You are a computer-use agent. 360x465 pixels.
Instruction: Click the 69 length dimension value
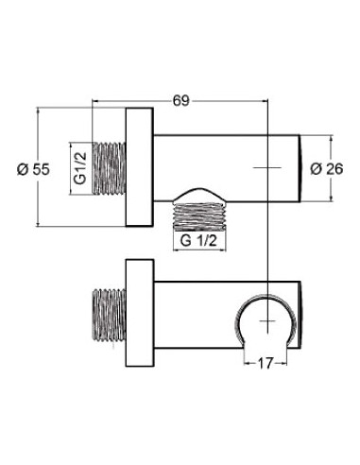click(x=181, y=101)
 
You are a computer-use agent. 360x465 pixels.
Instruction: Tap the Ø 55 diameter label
click(x=33, y=169)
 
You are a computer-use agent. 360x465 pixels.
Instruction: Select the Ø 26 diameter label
click(x=327, y=169)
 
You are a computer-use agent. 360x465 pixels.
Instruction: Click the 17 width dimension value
click(x=266, y=364)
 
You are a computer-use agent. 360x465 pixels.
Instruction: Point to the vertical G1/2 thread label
click(x=80, y=168)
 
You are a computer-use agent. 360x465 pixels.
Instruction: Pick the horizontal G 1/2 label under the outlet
click(x=198, y=241)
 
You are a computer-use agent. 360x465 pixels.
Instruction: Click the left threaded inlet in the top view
click(x=109, y=168)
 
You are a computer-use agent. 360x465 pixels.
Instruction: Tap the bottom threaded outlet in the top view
click(x=200, y=214)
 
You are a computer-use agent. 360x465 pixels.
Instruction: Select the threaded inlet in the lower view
click(x=109, y=315)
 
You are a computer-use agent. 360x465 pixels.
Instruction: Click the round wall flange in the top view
click(x=140, y=167)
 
